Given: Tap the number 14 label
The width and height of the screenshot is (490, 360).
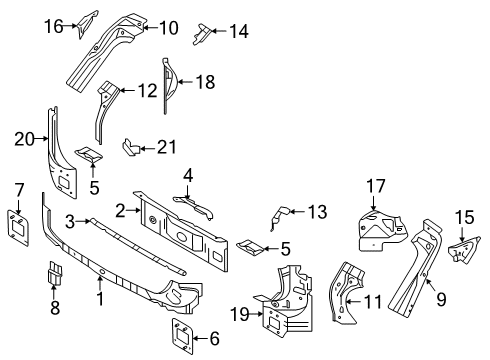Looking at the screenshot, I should (238, 31).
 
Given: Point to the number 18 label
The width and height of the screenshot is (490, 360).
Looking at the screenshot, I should (206, 83).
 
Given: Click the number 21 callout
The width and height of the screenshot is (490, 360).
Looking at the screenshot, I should (166, 148).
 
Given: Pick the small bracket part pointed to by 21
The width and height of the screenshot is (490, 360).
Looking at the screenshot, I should (130, 147).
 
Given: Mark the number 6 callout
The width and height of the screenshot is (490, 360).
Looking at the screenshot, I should (214, 340).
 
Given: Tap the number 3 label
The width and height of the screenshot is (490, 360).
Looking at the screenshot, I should (70, 219).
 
